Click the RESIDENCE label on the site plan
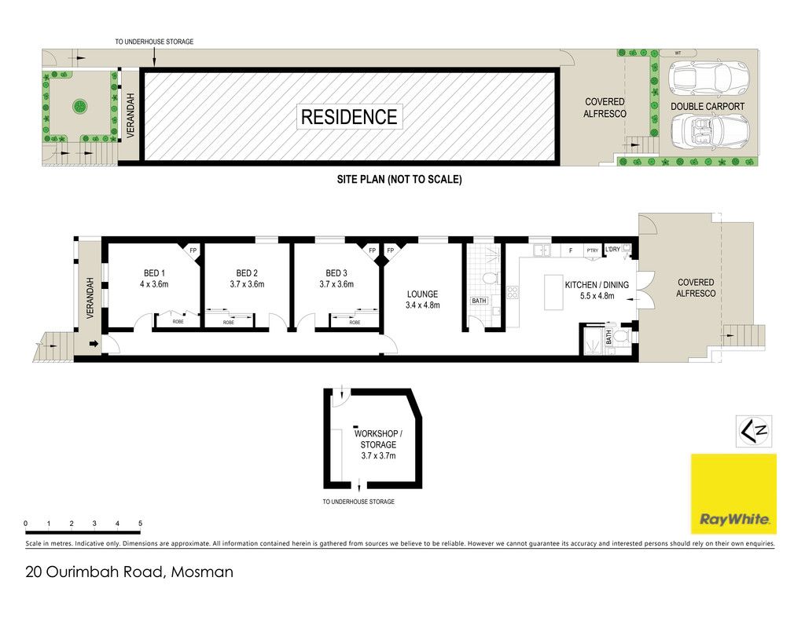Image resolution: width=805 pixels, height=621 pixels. click(x=349, y=117)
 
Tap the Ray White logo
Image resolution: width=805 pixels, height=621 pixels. click(x=733, y=494)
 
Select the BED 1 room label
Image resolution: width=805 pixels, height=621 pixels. click(x=154, y=273)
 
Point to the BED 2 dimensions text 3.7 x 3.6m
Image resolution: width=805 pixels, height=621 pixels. click(x=247, y=284)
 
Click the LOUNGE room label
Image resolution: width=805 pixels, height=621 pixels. click(x=422, y=294)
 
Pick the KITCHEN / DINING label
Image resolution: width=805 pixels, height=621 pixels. click(x=597, y=285)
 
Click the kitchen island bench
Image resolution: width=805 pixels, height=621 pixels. click(x=553, y=292)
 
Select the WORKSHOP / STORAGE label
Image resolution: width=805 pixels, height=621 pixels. click(x=378, y=439)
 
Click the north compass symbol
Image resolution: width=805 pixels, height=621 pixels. click(x=754, y=431)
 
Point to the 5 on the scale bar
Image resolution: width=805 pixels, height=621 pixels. click(x=140, y=524)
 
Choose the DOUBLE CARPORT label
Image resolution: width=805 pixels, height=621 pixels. click(x=708, y=107)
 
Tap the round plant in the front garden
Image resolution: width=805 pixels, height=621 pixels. click(x=80, y=107)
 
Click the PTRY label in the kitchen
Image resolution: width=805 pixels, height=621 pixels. click(x=593, y=250)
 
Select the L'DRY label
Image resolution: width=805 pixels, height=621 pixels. click(x=612, y=249)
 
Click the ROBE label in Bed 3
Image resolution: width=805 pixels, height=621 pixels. click(x=355, y=323)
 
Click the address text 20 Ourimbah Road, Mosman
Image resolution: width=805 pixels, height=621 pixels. click(x=130, y=572)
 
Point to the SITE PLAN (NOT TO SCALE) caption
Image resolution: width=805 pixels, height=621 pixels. click(x=399, y=180)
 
